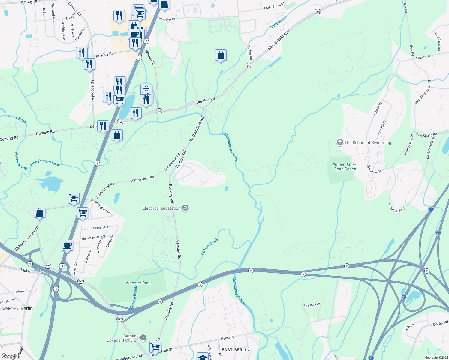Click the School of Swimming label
pyautogui.click(x=368, y=142)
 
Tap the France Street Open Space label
pyautogui.click(x=345, y=167)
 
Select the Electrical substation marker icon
pyautogui.click(x=185, y=208)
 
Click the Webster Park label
pyautogui.click(x=138, y=283)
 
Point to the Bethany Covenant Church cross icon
pyautogui.click(x=143, y=337)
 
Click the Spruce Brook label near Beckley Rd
pyautogui.click(x=209, y=246)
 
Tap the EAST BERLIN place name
pyautogui.click(x=236, y=350)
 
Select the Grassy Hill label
pyautogui.click(x=312, y=305)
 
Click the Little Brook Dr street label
pyautogui.click(x=274, y=6)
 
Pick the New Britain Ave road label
pyautogui.click(x=279, y=40)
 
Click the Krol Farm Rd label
pyautogui.click(x=438, y=41)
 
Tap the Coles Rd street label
pyautogui.click(x=440, y=323)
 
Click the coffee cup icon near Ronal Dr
pyautogui.click(x=68, y=245)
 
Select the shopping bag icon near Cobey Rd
pyautogui.click(x=221, y=55)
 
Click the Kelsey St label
pyautogui.click(x=29, y=2)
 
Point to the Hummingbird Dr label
pyautogui.click(x=100, y=207)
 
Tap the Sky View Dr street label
pyautogui.click(x=374, y=170)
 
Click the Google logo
pyautogui.click(x=10, y=356)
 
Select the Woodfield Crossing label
pyautogui.click(x=423, y=92)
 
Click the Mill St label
pyautogui.click(x=26, y=271)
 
